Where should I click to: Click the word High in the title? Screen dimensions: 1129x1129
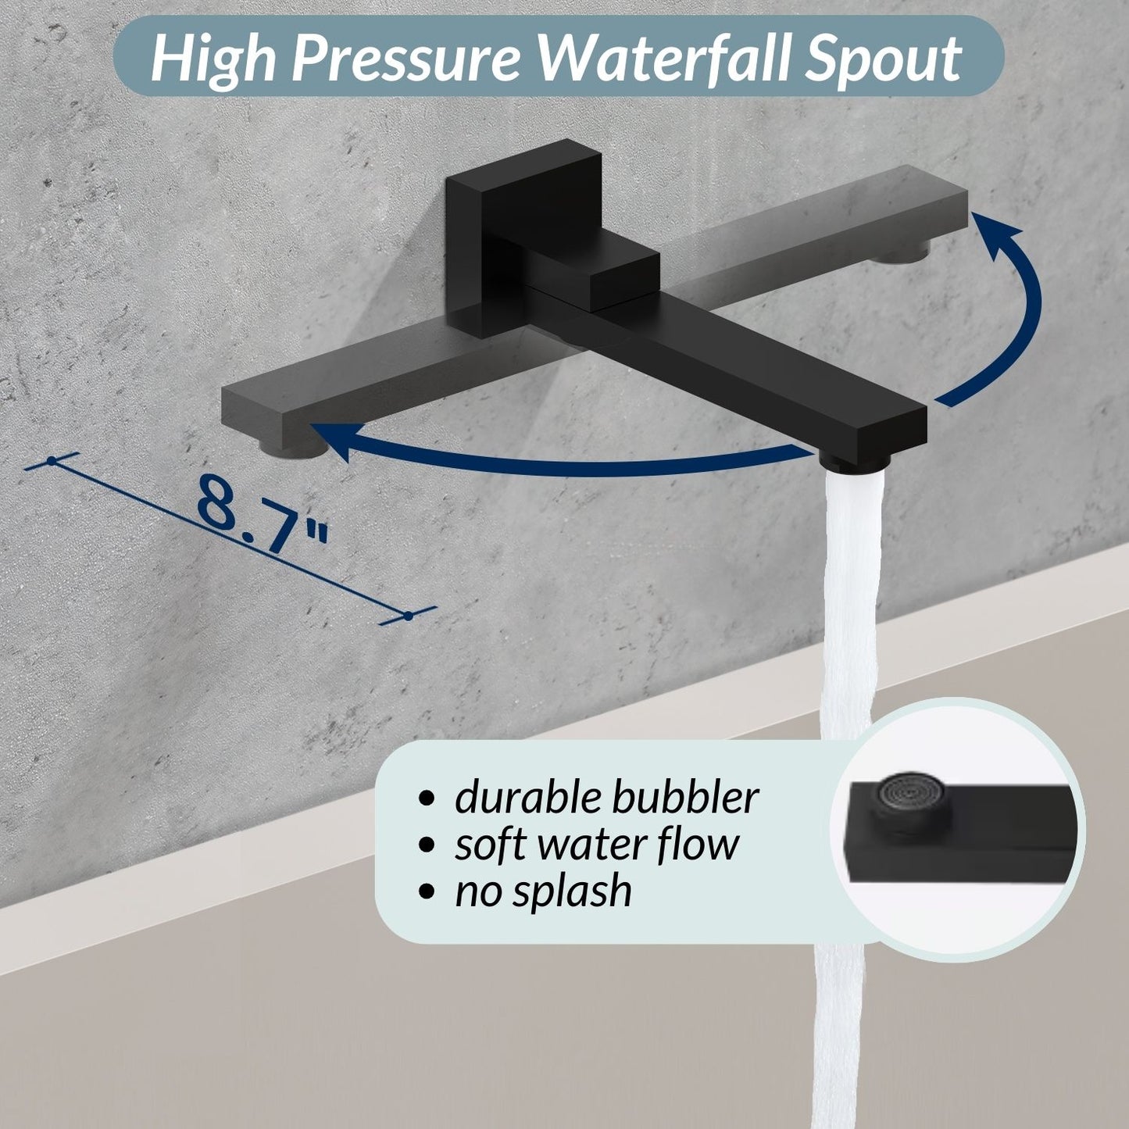point(213,59)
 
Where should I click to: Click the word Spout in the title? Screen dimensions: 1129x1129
point(882,59)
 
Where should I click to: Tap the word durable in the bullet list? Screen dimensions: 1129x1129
point(526,798)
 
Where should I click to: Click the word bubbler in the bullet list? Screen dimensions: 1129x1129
point(684,798)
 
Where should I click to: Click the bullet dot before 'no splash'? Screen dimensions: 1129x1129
point(426,891)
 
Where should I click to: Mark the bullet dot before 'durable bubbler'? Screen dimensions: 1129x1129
point(426,799)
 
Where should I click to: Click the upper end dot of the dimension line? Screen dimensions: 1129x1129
point(52,461)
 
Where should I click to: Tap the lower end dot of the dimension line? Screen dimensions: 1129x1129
point(408,616)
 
